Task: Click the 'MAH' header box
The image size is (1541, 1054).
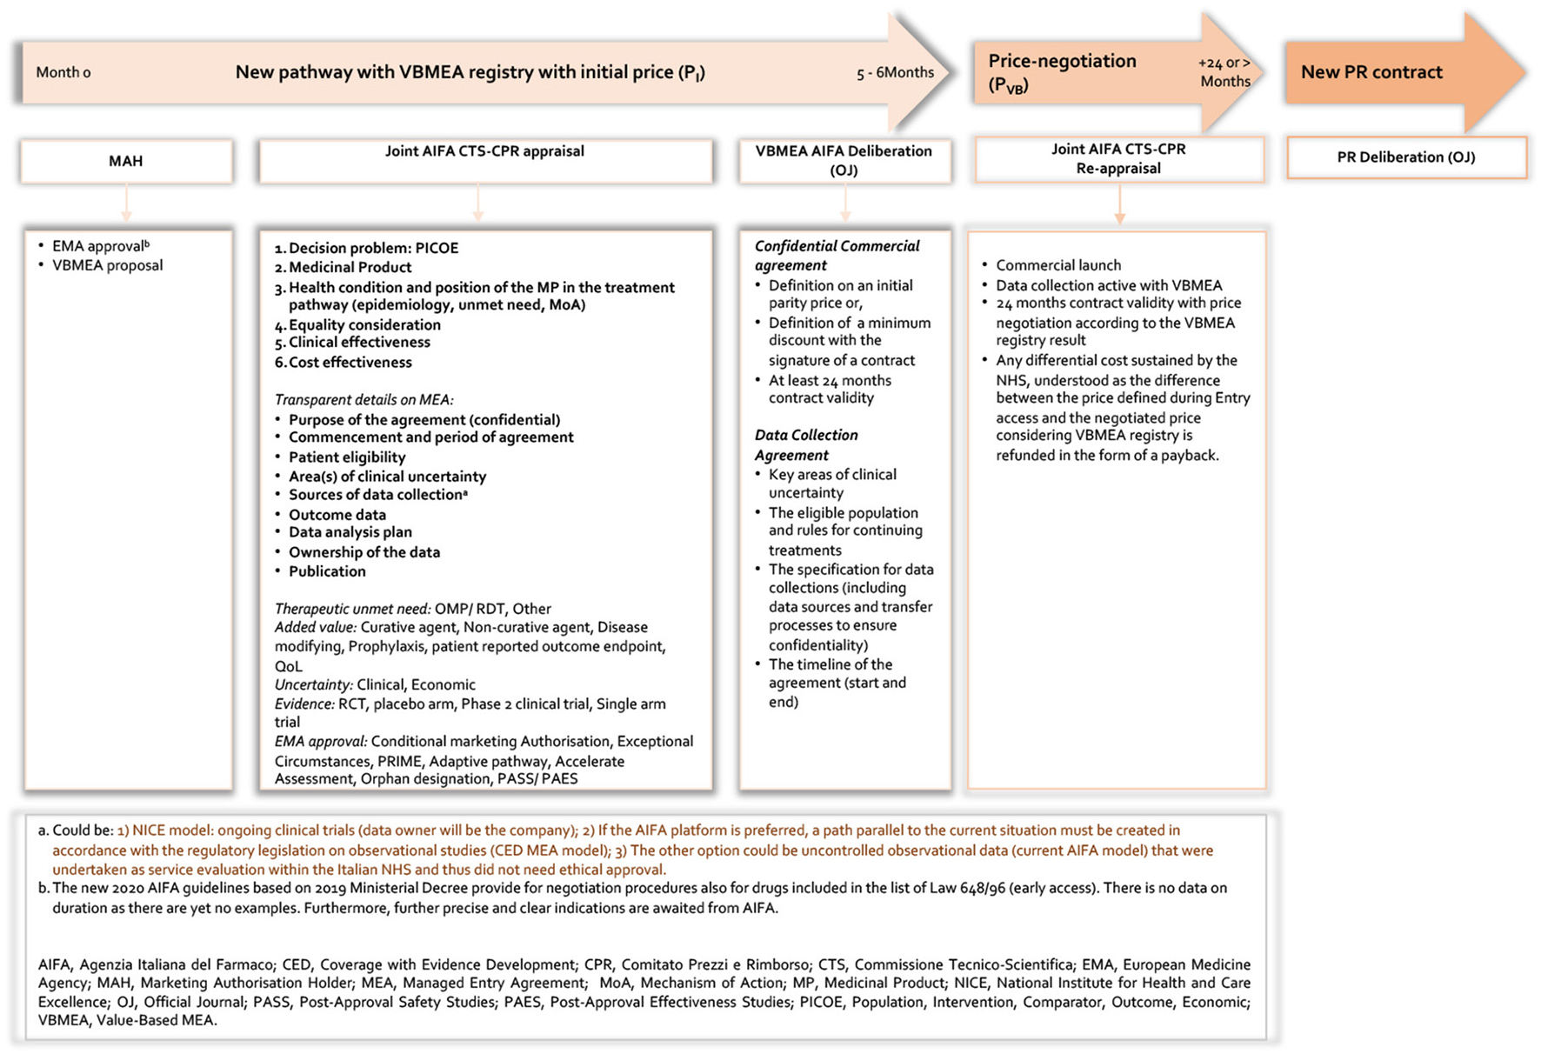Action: [126, 161]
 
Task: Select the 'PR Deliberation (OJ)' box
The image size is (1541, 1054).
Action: [1405, 157]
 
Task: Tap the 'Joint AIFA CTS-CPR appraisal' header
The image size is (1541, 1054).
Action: [484, 151]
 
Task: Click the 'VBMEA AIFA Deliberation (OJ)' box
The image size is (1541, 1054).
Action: [844, 160]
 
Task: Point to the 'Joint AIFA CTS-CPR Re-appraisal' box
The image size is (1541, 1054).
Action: [1118, 158]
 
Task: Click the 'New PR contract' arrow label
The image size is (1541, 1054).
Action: [1371, 72]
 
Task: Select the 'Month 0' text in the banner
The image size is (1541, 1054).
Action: [63, 72]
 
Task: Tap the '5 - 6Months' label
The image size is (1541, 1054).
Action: [895, 72]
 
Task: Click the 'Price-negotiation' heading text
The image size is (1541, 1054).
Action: [1062, 61]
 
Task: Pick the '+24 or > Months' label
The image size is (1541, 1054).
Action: [1224, 72]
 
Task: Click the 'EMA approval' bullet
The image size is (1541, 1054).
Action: [101, 246]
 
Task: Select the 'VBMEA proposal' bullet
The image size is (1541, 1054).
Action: [107, 265]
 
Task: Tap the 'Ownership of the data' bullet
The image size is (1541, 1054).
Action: [364, 552]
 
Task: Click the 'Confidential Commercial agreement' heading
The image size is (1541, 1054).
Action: [837, 256]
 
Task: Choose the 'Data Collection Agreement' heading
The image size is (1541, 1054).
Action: [806, 444]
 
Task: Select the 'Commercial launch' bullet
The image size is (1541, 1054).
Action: [1058, 265]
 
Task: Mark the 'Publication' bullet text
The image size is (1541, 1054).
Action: [327, 571]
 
